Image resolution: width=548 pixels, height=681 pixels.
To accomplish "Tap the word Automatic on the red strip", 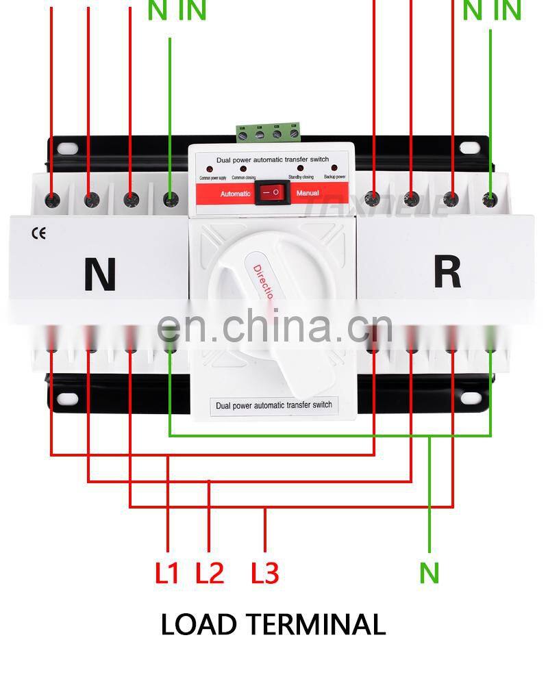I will click(236, 194).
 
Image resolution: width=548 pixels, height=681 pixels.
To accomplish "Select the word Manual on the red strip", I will click(308, 193).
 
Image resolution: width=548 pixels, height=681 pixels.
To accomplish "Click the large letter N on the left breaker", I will click(100, 274).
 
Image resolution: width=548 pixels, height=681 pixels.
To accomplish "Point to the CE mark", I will click(39, 234).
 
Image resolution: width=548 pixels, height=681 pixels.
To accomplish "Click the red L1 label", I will click(166, 573).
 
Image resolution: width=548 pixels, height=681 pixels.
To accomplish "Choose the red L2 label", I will click(210, 573).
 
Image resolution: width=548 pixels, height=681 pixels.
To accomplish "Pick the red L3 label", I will click(265, 573).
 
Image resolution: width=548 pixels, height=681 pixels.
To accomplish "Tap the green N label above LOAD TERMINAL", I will click(429, 573).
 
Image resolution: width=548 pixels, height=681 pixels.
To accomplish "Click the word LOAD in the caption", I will click(199, 624).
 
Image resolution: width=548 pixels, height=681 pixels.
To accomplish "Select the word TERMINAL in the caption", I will click(316, 624).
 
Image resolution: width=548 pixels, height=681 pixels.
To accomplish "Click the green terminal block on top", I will click(269, 132).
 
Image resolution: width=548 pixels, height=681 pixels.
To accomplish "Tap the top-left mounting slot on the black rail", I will click(67, 147).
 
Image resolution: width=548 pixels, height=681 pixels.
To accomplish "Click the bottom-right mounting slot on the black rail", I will click(469, 398).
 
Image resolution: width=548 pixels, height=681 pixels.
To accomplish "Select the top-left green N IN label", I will click(177, 12).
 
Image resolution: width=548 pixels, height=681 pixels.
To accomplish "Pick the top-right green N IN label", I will click(492, 12).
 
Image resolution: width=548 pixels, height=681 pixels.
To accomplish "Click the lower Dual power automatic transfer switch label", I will click(273, 405).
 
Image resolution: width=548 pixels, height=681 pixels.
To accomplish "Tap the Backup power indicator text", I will click(336, 177).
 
